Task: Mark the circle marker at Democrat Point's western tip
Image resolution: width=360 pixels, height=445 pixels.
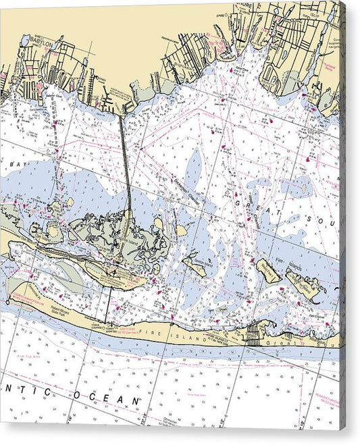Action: point(8,301)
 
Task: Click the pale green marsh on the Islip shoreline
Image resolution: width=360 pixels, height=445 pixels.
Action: point(328,101)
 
